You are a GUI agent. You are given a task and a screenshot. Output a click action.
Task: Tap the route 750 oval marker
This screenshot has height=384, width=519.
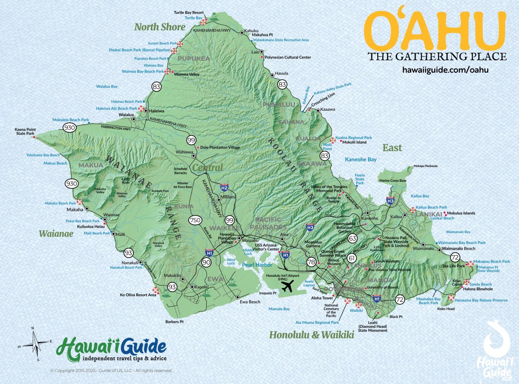195,220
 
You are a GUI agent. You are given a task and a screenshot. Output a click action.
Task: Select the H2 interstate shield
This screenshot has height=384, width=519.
225,187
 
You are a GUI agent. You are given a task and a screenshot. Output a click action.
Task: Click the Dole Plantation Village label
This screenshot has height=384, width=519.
220,148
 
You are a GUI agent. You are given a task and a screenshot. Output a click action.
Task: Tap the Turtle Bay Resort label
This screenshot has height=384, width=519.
188,13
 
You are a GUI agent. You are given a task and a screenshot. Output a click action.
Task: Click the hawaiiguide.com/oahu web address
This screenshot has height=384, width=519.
445,70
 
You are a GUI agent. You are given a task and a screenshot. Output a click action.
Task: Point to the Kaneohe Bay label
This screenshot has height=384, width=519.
361,159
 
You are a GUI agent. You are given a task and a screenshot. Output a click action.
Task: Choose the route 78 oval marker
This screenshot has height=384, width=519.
311,263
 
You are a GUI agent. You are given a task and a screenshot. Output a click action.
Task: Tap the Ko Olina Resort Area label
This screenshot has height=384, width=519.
138,295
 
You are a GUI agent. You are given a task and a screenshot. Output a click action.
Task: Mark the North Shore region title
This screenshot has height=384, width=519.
160,27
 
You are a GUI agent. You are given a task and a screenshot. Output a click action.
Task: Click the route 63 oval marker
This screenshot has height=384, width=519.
353,238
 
